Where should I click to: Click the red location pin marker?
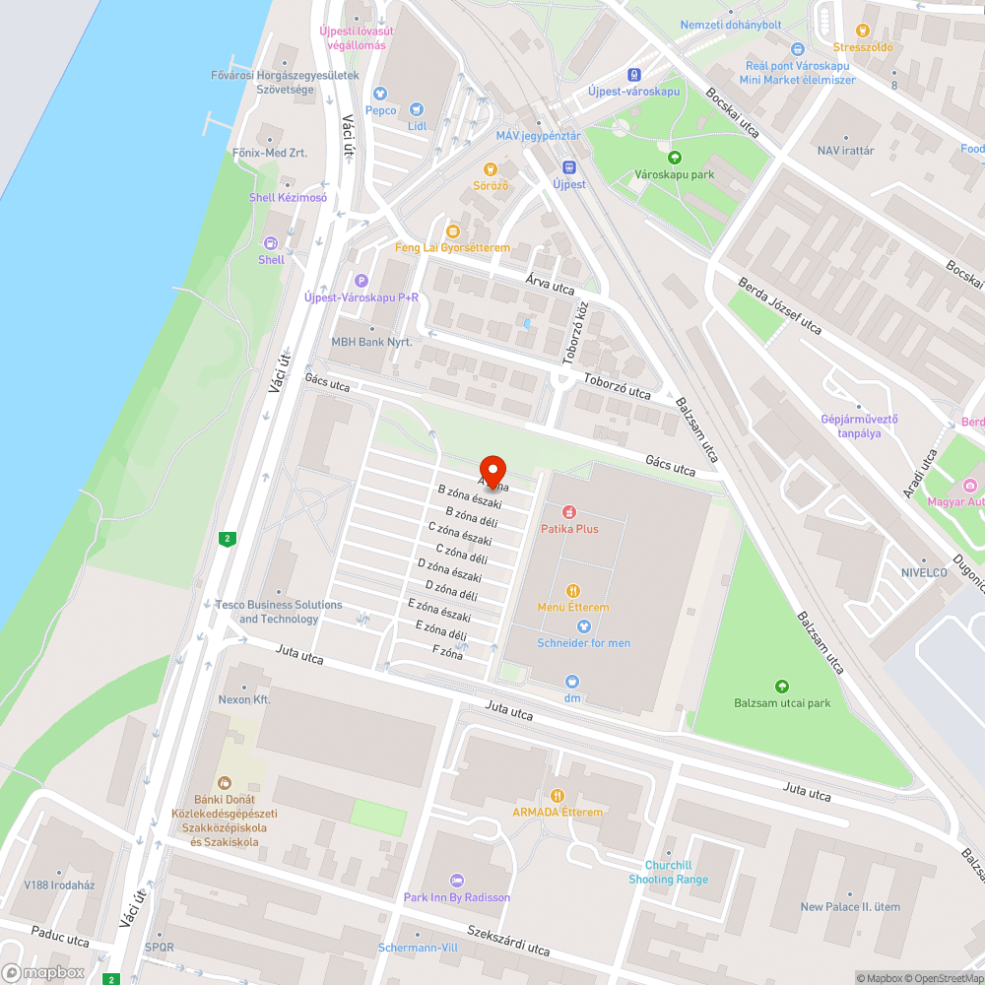coord(492,469)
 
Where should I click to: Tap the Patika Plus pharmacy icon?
coord(569,512)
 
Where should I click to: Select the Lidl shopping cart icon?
coord(416,109)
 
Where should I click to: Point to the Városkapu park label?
coord(674,174)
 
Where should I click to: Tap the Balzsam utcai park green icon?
coord(782,687)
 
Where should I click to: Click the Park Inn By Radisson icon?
coord(456,881)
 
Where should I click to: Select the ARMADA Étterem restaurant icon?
coord(558,795)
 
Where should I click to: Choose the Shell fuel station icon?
coord(271,243)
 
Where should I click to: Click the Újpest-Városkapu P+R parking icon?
coord(361,281)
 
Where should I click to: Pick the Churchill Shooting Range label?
coord(668,873)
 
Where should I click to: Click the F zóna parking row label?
coord(447,652)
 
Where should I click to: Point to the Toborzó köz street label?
coord(575,333)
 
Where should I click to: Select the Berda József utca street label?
coord(779,305)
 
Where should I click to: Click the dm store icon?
coord(572,682)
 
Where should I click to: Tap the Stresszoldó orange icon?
coord(863,32)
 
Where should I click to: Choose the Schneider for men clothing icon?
coord(583,626)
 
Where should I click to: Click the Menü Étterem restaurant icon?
coord(573,591)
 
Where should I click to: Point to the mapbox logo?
coord(42,972)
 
